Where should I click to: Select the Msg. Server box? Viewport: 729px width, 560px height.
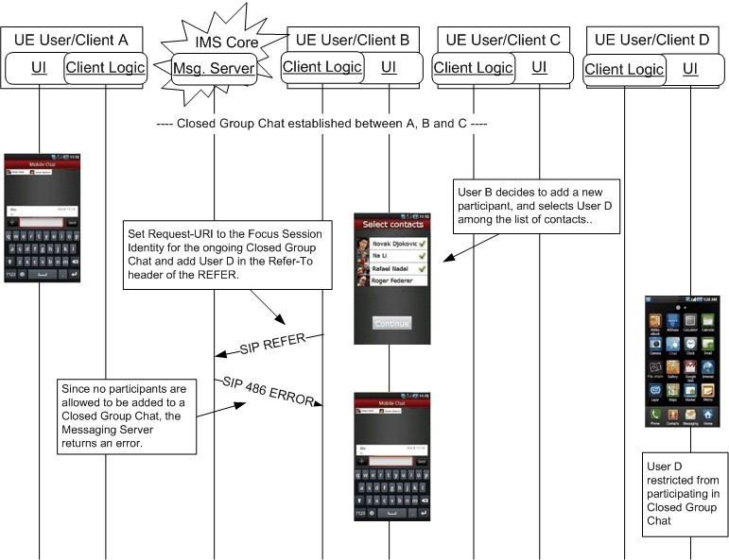(x=214, y=68)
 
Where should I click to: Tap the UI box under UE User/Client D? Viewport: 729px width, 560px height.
(x=690, y=68)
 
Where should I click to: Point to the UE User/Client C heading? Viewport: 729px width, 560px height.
(x=502, y=40)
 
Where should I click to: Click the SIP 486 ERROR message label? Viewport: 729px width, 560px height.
(x=269, y=390)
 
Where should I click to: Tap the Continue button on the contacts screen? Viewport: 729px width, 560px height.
(x=391, y=323)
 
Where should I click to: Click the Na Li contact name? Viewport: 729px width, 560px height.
(x=382, y=256)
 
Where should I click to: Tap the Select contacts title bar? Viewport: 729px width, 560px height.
(x=391, y=225)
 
